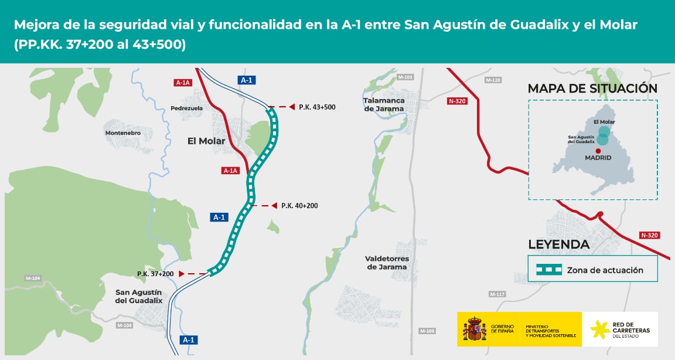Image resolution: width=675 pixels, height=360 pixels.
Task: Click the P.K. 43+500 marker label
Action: tap(317, 107)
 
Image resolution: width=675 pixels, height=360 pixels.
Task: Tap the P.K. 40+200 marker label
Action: tap(299, 206)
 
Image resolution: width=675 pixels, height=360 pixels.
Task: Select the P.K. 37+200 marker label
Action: tap(155, 274)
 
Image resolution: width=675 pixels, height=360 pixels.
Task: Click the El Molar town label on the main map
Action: tap(206, 141)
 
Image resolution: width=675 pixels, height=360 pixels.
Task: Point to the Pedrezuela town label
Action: tap(186, 108)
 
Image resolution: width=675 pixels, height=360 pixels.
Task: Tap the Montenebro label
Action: tap(123, 133)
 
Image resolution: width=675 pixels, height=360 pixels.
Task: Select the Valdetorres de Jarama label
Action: tap(387, 263)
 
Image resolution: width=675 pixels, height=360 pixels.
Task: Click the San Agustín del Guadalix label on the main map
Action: tap(139, 297)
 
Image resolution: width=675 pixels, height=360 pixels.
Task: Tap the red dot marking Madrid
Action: tap(598, 150)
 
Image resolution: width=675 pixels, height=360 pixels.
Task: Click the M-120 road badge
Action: tap(493, 80)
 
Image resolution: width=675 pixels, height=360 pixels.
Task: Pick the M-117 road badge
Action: tap(497, 294)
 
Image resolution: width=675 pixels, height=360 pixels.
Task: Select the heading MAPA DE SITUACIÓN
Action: tap(592, 89)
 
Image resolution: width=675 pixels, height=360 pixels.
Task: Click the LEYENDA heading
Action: tap(558, 244)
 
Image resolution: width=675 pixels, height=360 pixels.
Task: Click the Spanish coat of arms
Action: tap(475, 330)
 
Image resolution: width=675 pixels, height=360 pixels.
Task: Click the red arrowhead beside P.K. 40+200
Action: tap(274, 206)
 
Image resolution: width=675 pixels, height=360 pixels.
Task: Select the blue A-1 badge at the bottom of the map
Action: tap(188, 339)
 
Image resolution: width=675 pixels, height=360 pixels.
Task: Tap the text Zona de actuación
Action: tap(605, 270)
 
